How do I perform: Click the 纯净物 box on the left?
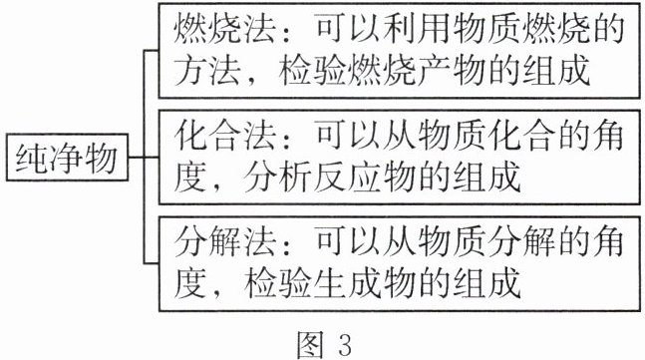67,158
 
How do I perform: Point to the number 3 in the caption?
345,345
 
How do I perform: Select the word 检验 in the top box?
312,71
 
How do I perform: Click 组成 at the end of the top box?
557,71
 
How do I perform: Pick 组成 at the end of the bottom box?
487,284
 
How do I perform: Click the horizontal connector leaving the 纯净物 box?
137,158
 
